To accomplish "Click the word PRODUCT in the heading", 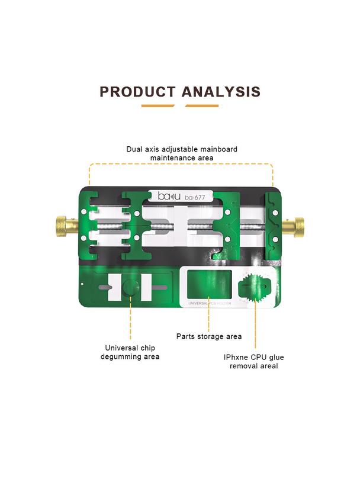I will [137, 92].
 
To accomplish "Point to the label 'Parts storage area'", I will [209, 336].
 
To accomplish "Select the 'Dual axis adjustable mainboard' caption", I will [182, 149].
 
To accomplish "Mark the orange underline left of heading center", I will [159, 107].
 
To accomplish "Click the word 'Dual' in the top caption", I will [135, 149].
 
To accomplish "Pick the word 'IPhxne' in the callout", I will [236, 358].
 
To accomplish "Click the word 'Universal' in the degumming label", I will [121, 348].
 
